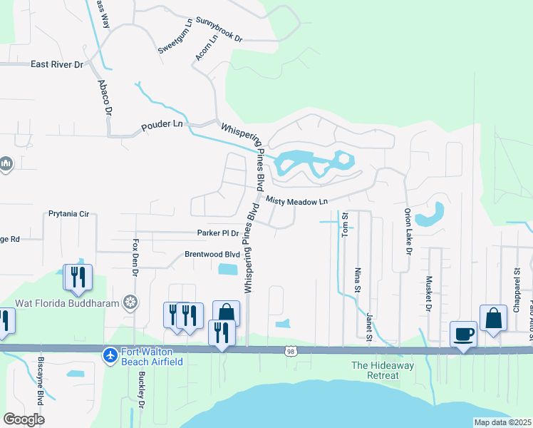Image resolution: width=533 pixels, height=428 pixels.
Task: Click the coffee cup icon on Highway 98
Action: pos(463,334)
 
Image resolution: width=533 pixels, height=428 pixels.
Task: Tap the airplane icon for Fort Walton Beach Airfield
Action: pos(110,355)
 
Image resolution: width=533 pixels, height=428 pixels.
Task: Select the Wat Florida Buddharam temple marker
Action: pos(130,302)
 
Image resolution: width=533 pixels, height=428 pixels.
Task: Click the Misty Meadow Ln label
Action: pos(297,202)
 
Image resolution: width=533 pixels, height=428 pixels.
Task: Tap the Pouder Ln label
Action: pos(162,125)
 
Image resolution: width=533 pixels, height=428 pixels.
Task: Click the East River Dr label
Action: pos(57,64)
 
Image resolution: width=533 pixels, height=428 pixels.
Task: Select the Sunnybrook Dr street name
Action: pos(219,30)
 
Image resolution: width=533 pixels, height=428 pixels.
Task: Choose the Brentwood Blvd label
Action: pos(212,254)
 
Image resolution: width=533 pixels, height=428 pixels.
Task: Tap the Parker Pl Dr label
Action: pos(218,233)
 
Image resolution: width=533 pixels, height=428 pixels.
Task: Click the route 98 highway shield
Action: pos(289,351)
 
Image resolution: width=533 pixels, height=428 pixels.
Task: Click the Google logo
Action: pos(24,419)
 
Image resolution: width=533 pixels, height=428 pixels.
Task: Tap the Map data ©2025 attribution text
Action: pos(502,422)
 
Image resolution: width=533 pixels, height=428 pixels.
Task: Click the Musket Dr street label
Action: pos(429,295)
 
